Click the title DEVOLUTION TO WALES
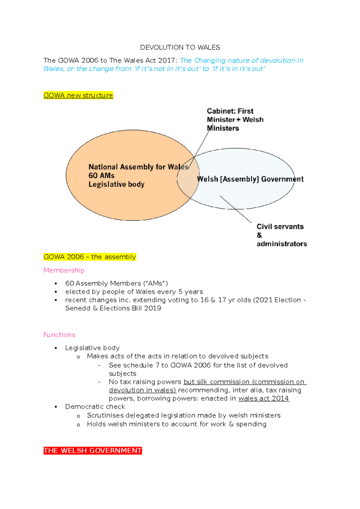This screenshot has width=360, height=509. pos(180,47)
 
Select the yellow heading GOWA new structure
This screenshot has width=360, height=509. pos(78,95)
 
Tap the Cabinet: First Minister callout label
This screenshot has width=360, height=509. pos(235,120)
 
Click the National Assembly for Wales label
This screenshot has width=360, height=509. pos(138,167)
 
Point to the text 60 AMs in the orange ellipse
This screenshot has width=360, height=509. pos(101,176)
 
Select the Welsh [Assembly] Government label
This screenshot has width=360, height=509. pos(250,179)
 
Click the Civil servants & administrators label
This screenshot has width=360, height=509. pos(281,235)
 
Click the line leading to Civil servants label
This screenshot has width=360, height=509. pos(236,210)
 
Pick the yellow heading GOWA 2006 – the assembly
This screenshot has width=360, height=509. pos(90,257)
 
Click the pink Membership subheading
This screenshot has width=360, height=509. pos(64,270)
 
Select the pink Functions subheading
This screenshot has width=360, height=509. pos(59,335)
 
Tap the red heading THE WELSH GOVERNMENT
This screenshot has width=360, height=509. pos(93,451)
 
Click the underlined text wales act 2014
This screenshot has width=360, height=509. pos(263,398)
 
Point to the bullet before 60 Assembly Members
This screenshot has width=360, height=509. pos(56,284)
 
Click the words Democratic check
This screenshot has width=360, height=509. pos(95,407)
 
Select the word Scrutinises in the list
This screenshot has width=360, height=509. pos(105,415)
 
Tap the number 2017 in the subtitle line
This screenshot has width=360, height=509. pos(167,61)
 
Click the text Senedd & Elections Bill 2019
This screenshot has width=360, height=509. pos(113,308)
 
